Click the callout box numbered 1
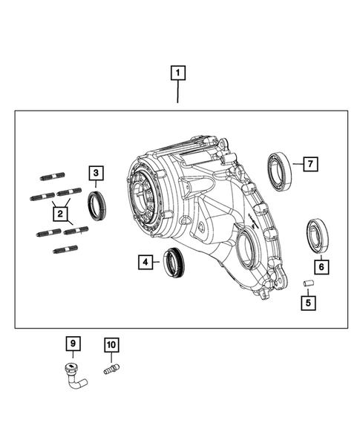pyautogui.click(x=178, y=73)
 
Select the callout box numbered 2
pyautogui.click(x=57, y=214)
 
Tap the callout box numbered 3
pyautogui.click(x=96, y=174)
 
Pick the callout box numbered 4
pyautogui.click(x=145, y=261)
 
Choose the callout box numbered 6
pyautogui.click(x=320, y=266)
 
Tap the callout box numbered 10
pyautogui.click(x=111, y=344)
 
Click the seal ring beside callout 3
pyautogui.click(x=98, y=204)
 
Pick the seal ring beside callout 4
pyautogui.click(x=175, y=261)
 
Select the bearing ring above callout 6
pyautogui.click(x=318, y=235)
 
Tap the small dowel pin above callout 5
pyautogui.click(x=307, y=283)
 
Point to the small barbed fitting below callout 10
pyautogui.click(x=111, y=368)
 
